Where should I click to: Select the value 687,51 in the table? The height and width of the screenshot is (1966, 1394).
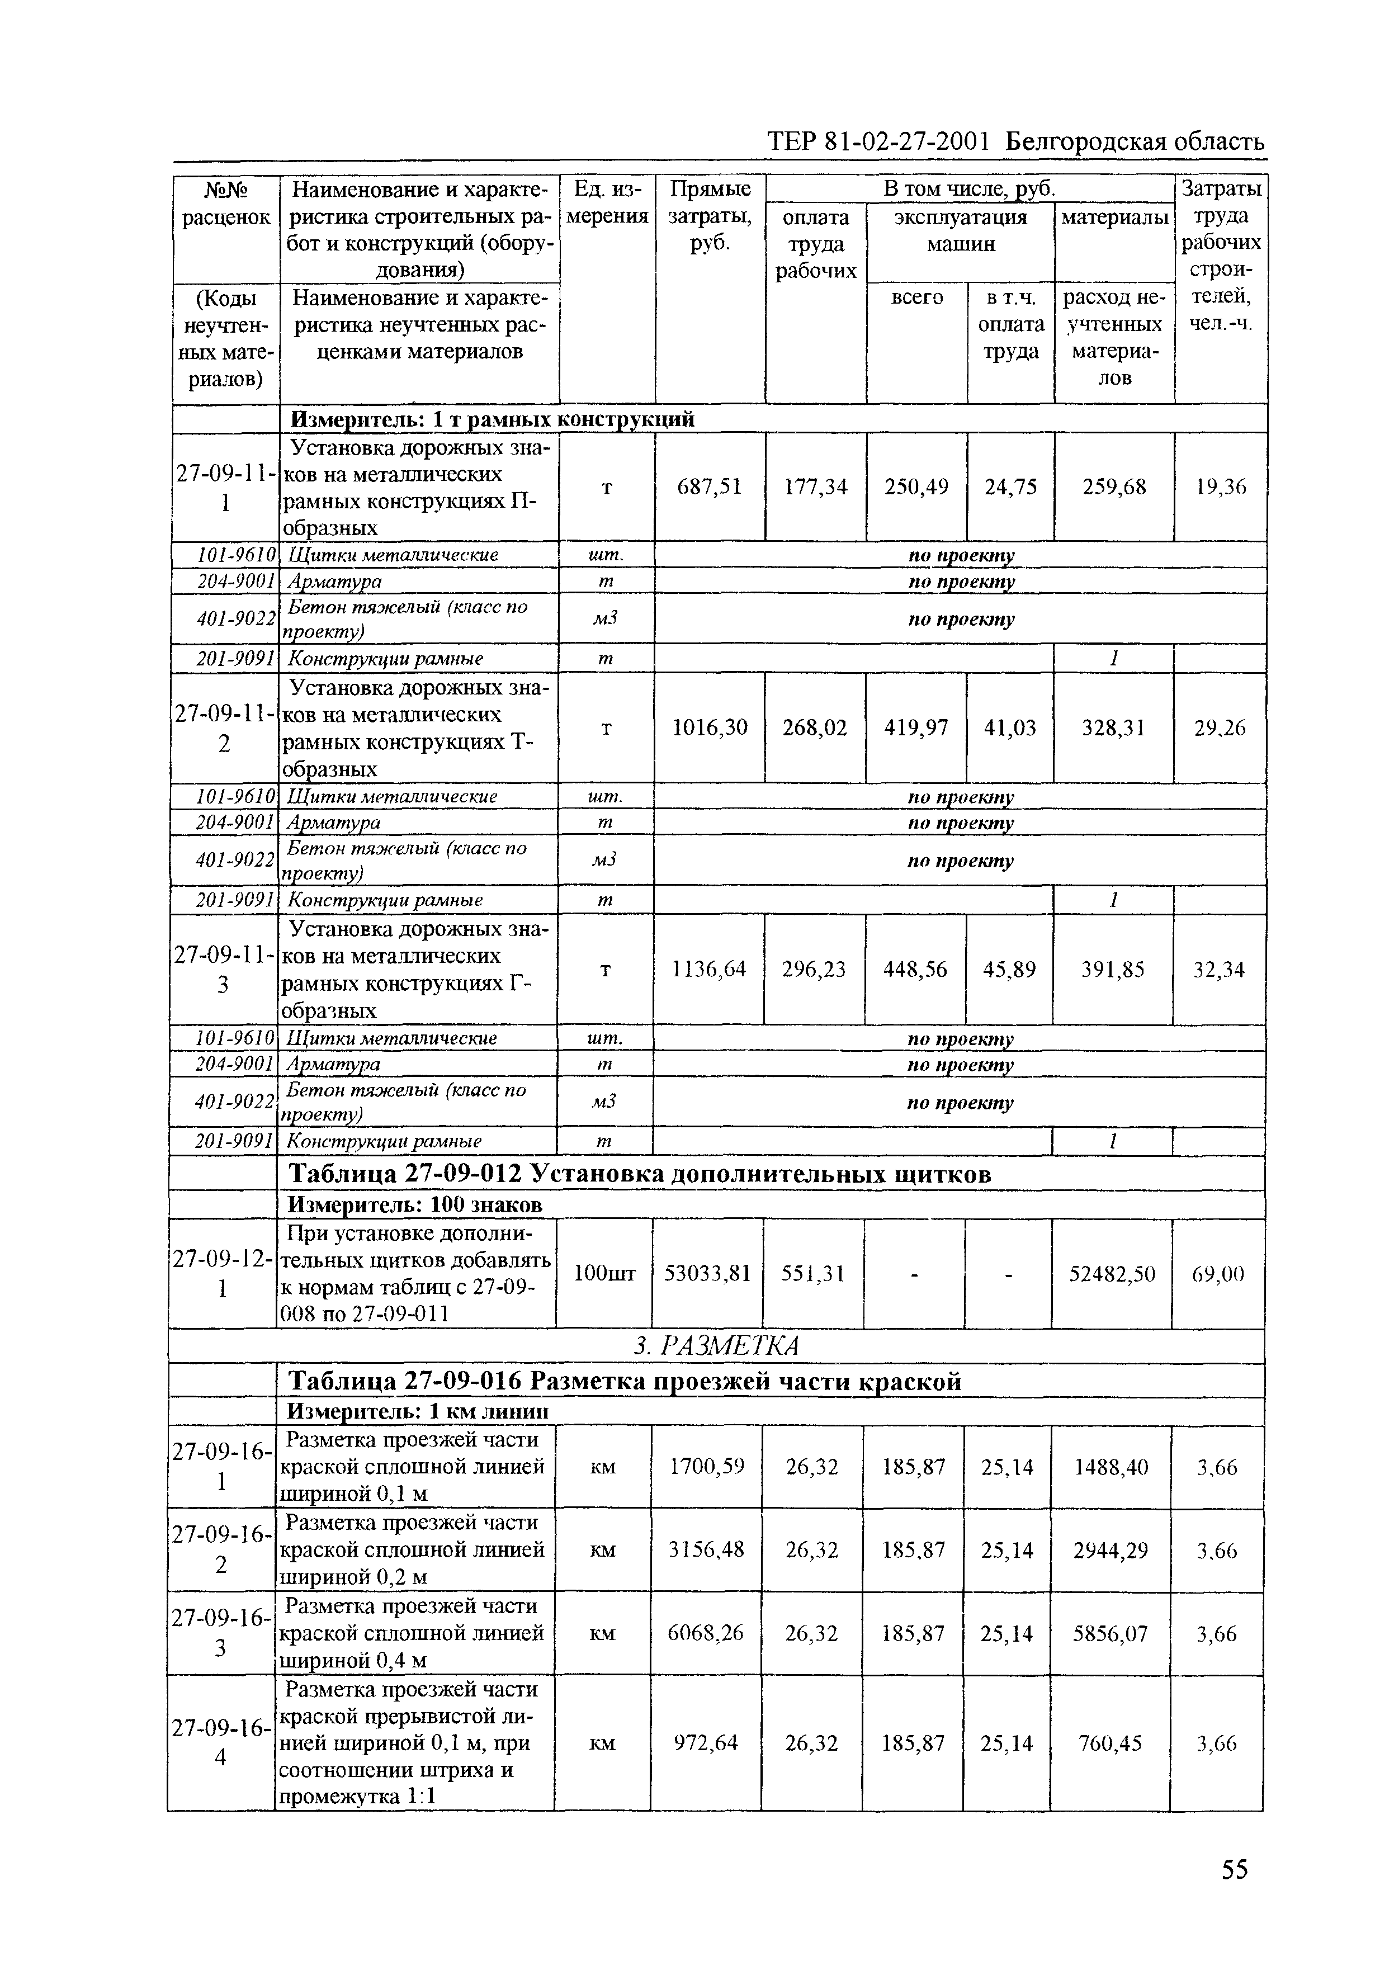pos(709,486)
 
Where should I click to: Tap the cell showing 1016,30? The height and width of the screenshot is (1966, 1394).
pos(709,727)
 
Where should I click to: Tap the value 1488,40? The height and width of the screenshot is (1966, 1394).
pos(1111,1467)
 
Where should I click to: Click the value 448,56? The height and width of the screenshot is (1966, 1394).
pos(916,969)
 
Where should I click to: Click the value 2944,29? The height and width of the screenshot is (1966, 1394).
pos(1111,1551)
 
